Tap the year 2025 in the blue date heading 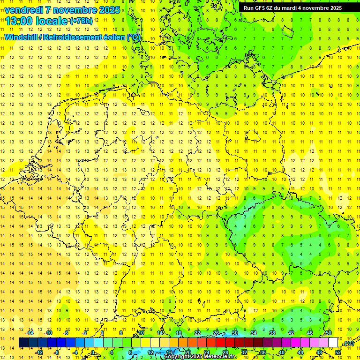109,10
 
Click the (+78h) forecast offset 81,21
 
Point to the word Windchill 20,37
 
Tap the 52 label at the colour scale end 338,352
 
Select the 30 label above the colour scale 235,333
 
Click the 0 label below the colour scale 93,352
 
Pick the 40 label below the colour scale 281,352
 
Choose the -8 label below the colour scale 57,352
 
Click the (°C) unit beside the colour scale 348,344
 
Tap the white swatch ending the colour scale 333,343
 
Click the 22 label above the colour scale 197,333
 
